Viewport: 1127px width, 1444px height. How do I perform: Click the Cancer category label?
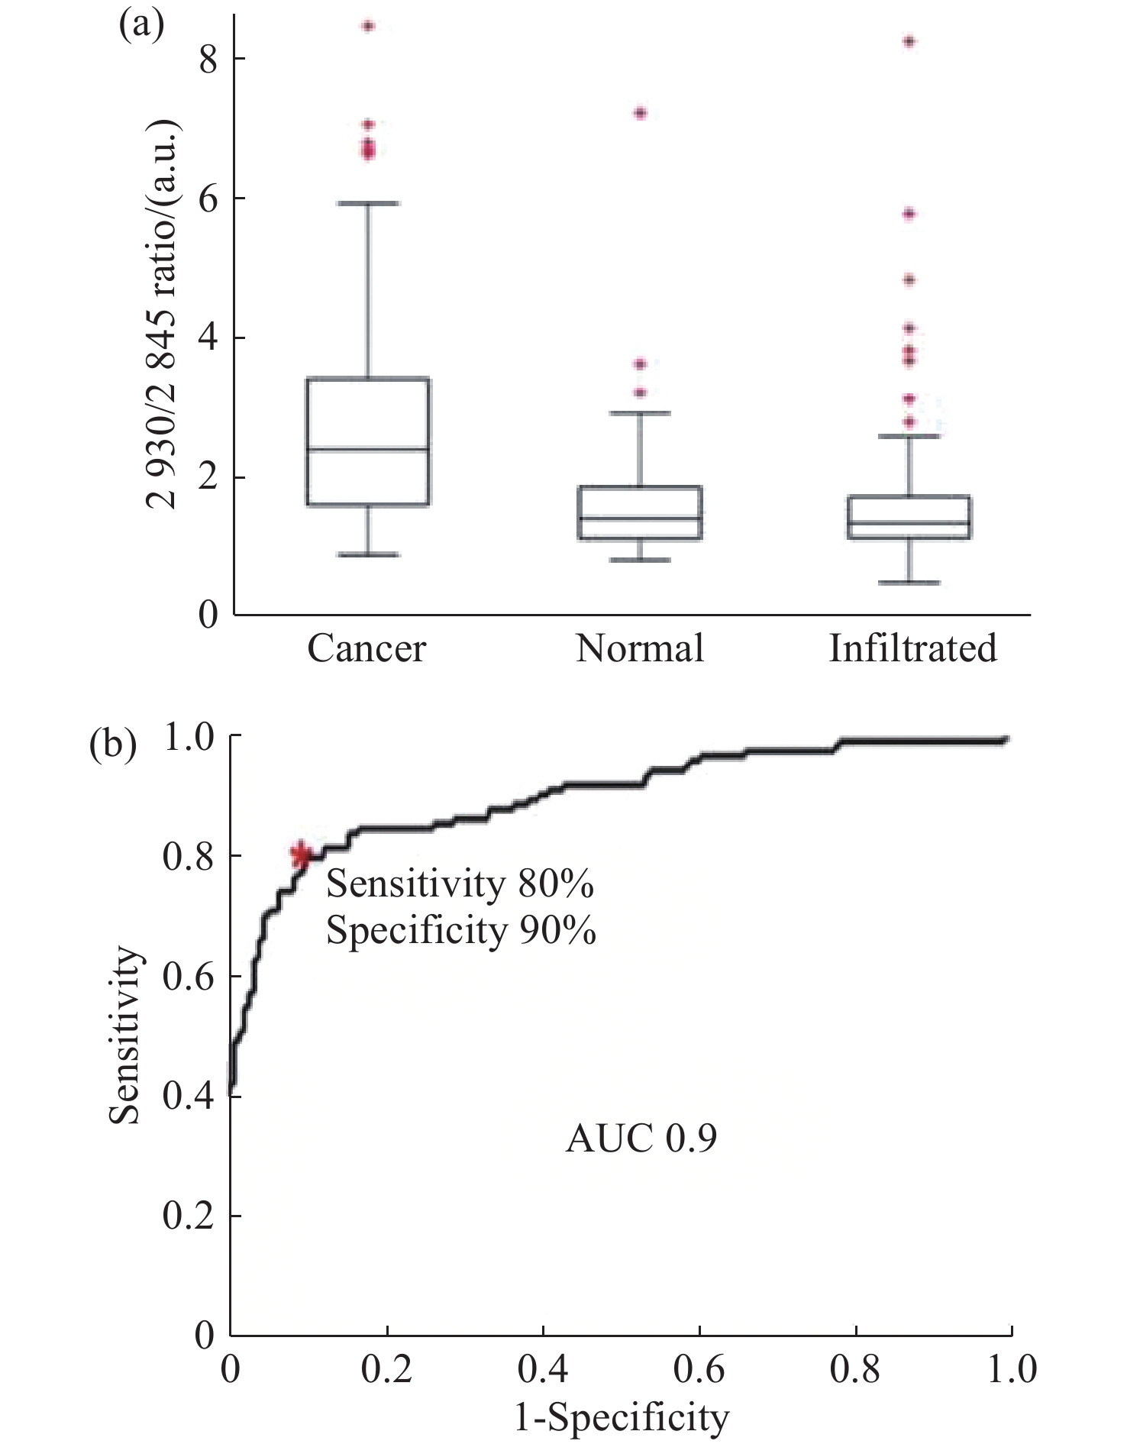point(367,649)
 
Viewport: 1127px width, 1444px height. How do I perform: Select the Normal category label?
point(640,649)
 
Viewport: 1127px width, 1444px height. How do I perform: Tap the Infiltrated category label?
point(912,649)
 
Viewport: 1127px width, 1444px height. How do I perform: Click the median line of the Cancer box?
point(367,449)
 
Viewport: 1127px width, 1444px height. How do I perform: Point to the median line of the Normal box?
point(640,518)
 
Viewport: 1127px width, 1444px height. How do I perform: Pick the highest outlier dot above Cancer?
point(368,27)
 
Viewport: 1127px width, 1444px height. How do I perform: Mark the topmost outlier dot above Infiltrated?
point(909,42)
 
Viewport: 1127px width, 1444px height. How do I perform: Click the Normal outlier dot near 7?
point(640,114)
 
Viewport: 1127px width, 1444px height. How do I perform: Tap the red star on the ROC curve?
point(302,855)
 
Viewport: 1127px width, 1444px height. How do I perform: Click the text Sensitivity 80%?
point(460,885)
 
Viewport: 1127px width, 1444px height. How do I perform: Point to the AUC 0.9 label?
point(641,1140)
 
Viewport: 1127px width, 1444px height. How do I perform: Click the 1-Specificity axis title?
point(622,1418)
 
